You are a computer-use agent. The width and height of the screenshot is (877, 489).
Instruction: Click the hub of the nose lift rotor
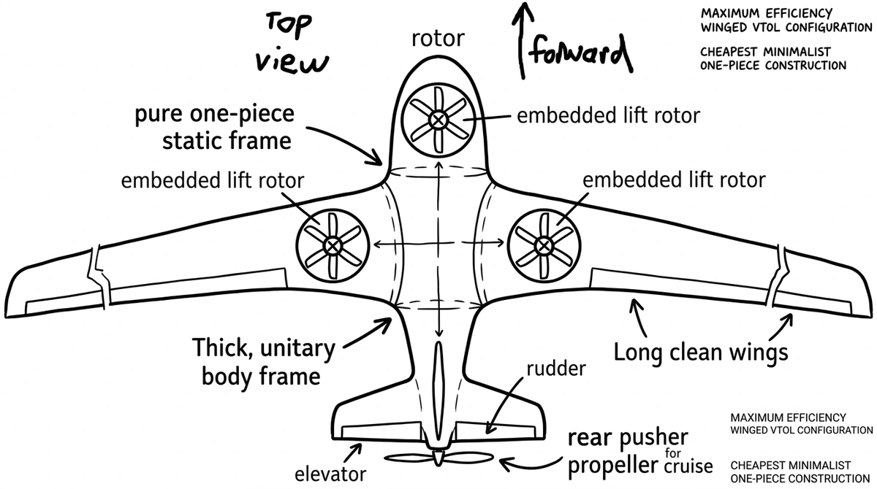point(438,120)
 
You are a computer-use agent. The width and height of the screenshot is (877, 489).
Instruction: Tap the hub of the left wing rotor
point(333,245)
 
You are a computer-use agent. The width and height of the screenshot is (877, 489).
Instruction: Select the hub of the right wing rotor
point(544,245)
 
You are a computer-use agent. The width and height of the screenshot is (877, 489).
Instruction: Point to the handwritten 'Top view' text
point(292,43)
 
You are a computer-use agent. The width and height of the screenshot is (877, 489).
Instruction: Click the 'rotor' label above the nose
point(438,39)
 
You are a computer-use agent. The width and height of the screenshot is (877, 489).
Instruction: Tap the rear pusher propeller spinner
point(438,458)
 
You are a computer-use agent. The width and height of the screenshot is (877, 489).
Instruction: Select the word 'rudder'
point(556,369)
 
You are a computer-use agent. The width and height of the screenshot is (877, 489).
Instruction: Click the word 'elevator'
point(330,474)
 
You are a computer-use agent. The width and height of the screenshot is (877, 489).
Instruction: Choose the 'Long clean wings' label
point(700,353)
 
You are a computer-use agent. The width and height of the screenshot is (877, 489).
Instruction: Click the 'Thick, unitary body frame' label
point(263,362)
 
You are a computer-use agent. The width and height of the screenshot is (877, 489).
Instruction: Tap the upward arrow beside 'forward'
point(523,40)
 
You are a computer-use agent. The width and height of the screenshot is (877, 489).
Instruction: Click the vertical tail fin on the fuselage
point(438,395)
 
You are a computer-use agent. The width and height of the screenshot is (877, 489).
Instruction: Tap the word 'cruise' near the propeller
point(688,466)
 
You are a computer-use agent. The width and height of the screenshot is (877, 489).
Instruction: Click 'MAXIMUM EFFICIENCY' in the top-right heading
point(766,14)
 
